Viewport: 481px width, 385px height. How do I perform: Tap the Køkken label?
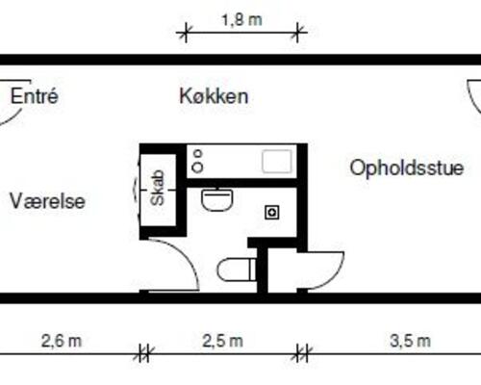coord(214,96)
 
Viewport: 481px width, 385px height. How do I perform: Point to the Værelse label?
coord(48,201)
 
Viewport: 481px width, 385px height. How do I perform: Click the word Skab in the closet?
coord(158,189)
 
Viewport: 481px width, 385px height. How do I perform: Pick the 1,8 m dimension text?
coord(240,18)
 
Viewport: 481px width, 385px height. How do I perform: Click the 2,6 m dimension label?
coord(61,340)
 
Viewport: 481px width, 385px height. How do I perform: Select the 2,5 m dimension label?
coord(222,340)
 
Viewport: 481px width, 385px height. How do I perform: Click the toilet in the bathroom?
coord(236,269)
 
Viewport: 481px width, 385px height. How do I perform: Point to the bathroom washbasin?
coord(216,200)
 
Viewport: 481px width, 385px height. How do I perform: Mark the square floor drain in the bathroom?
coord(272,211)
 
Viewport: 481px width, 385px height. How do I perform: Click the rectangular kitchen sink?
coord(278,161)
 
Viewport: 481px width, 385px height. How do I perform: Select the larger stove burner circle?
coord(197,167)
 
